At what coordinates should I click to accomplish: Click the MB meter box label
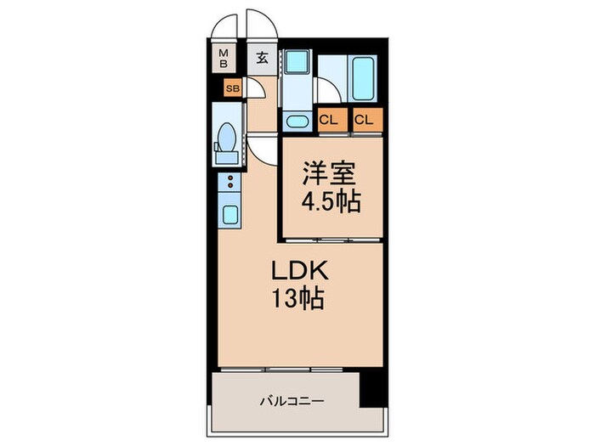click(x=224, y=58)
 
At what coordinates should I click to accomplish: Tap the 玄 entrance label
click(x=263, y=58)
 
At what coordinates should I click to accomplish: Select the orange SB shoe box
click(x=231, y=88)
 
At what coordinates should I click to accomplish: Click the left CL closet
click(x=329, y=120)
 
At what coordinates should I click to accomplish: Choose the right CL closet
click(x=364, y=120)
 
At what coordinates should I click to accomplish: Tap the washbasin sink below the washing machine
click(x=297, y=121)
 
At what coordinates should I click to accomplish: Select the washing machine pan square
click(x=297, y=64)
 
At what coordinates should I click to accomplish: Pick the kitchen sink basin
click(x=229, y=212)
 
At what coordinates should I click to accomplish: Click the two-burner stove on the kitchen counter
click(x=229, y=181)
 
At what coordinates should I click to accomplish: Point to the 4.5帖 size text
click(x=330, y=202)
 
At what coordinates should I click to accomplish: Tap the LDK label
click(x=295, y=272)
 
